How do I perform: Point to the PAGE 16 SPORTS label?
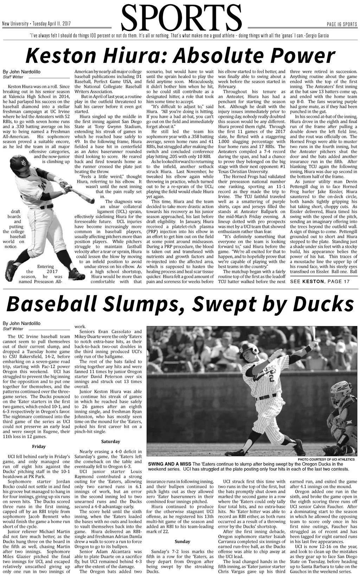point(342,24)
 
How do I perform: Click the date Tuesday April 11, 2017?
point(52,24)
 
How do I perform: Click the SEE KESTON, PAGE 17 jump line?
point(320,281)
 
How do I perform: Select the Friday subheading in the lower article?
point(39,446)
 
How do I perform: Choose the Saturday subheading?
point(110,441)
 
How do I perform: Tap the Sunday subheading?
point(182,541)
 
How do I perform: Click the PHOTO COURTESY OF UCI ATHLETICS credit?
point(326,459)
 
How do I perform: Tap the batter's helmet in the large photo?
point(252,349)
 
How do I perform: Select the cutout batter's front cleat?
point(76,274)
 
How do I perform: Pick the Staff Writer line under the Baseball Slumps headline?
point(13,329)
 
